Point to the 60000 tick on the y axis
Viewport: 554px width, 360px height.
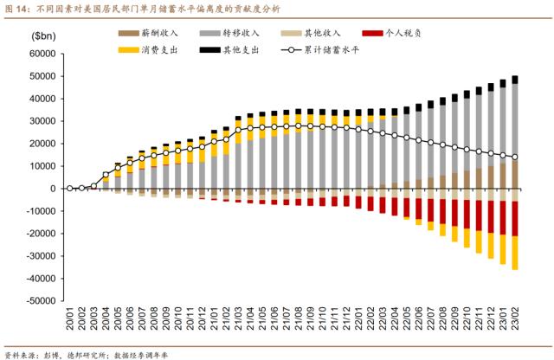point(41,54)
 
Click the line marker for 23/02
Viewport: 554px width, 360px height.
point(514,157)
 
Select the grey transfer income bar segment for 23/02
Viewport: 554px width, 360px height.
point(514,121)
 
